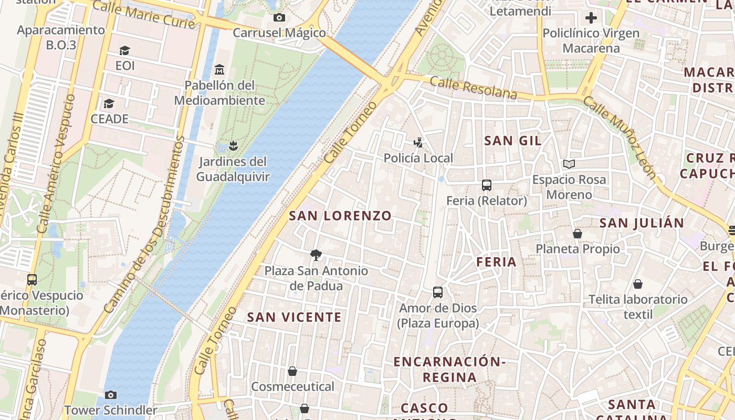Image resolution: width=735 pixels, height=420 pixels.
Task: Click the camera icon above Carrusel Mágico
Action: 279,18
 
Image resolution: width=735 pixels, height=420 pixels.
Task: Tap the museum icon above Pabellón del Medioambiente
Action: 219,69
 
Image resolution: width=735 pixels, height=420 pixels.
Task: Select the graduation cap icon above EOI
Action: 124,51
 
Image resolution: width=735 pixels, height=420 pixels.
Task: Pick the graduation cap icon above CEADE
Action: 109,103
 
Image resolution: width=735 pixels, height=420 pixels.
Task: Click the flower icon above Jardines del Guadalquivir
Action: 234,145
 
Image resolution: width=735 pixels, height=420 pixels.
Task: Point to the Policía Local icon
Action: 418,142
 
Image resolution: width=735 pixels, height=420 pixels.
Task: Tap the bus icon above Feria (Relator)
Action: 487,185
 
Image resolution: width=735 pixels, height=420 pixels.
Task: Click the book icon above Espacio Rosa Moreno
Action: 569,164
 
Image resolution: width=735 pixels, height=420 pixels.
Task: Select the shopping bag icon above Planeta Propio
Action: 577,233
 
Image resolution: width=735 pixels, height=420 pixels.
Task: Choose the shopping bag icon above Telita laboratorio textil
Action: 638,284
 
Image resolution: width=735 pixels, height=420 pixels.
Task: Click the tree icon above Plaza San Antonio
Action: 316,255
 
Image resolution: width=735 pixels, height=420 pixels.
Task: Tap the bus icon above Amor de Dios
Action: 438,292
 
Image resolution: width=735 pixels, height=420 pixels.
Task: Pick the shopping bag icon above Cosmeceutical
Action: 292,371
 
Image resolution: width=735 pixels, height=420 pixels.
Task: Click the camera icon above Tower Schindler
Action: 111,395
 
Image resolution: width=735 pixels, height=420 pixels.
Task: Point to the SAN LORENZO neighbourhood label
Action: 340,216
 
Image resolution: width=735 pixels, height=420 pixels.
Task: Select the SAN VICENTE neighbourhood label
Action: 294,317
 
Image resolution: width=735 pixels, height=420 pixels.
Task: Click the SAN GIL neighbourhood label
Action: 513,141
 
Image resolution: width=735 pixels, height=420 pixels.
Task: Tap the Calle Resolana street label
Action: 474,88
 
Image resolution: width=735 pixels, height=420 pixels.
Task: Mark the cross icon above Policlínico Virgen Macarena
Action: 591,18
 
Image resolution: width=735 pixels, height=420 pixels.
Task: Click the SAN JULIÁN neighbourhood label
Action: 642,223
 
